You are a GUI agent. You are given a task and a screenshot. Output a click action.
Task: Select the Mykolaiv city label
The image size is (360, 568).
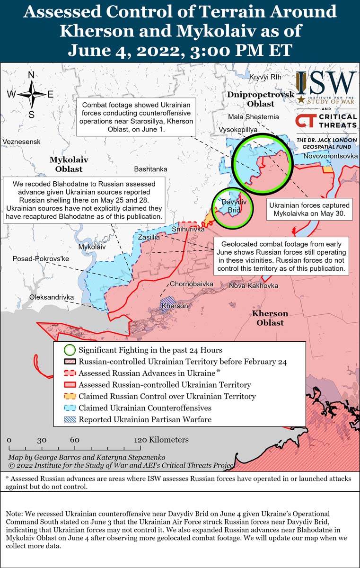point(92,247)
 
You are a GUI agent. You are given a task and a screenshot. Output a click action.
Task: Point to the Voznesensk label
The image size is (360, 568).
point(21,142)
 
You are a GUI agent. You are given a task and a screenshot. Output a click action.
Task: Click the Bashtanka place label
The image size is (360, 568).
point(150,169)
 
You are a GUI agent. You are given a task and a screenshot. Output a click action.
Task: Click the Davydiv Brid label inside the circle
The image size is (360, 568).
point(231,206)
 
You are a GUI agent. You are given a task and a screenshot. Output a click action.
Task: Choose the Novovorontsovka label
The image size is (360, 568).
point(331,156)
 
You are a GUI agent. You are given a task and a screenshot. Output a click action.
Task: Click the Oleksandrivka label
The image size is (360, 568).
point(52,297)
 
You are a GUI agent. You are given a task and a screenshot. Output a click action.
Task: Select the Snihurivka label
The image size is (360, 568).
point(188,229)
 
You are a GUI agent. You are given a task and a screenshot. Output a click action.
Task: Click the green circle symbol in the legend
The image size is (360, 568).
point(70,350)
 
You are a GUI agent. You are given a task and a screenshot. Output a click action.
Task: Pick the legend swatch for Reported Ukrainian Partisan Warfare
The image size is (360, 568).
point(70,419)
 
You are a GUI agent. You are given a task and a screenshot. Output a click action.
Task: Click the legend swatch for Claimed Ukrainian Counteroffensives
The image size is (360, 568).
point(70,408)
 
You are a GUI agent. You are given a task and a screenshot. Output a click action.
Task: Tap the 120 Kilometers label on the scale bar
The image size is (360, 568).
point(162,440)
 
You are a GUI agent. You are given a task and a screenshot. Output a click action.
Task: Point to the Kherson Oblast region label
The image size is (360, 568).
point(270,318)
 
